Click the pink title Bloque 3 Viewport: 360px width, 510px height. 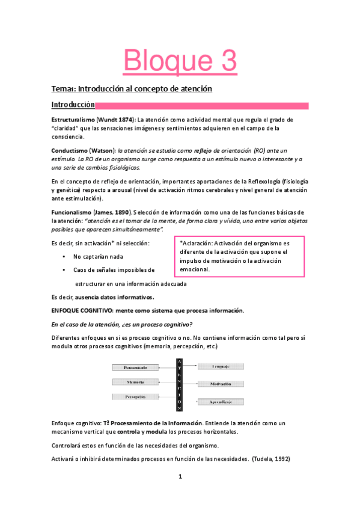[x=180, y=61]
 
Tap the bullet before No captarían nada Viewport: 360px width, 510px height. [x=64, y=257]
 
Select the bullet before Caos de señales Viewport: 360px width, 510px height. [x=64, y=270]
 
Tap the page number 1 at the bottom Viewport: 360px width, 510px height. [x=180, y=494]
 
